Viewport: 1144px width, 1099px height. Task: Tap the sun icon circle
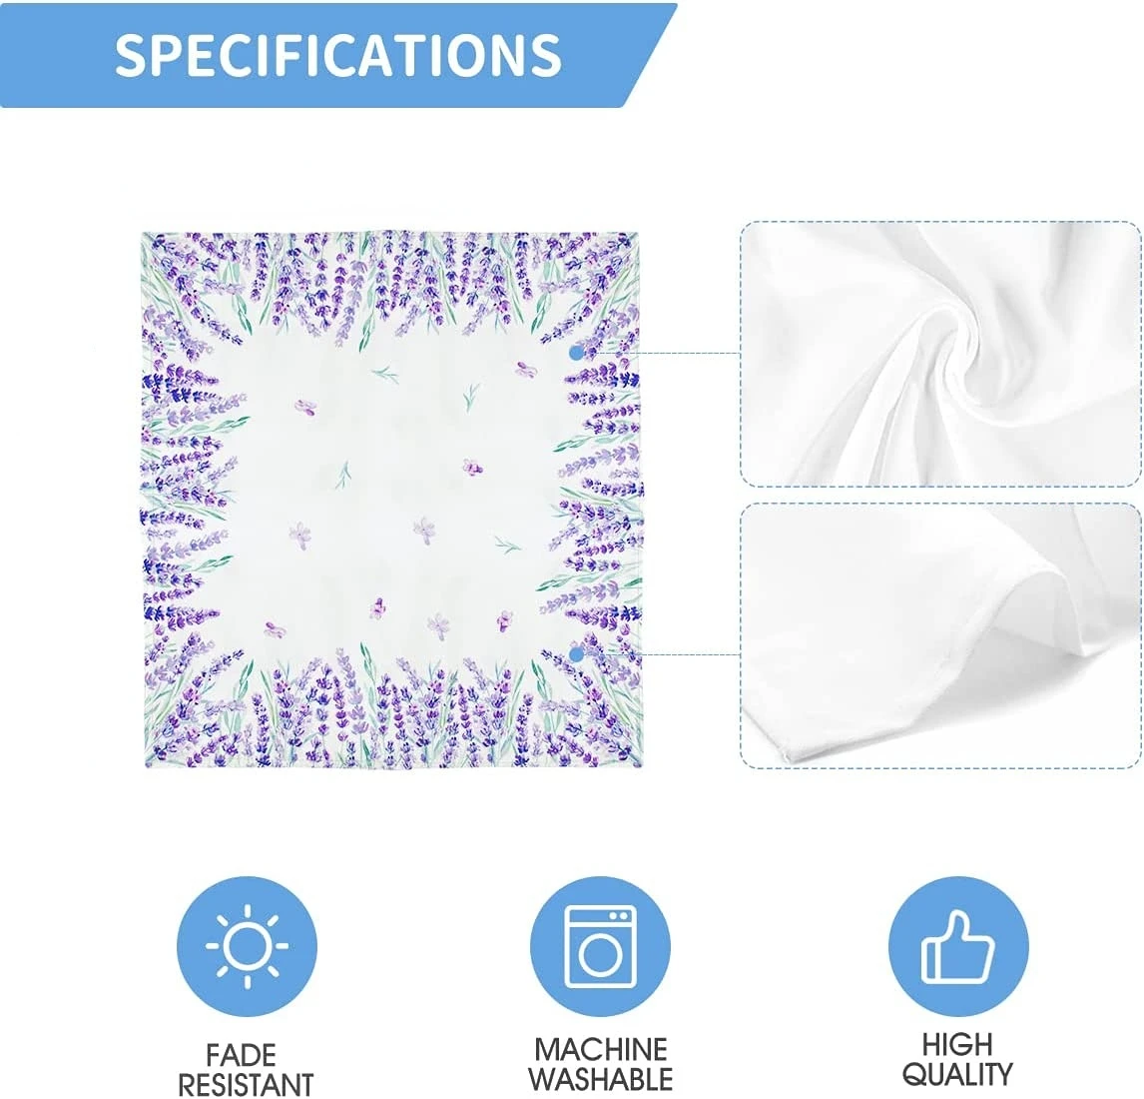[247, 946]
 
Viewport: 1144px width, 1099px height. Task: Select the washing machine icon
[600, 946]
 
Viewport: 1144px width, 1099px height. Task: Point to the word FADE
[241, 1055]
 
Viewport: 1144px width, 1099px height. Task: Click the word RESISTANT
[246, 1084]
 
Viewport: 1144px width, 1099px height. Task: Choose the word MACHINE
[601, 1049]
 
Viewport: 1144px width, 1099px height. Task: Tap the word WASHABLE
[601, 1079]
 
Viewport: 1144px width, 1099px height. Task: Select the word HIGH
[957, 1044]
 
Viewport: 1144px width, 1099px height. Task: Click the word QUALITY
[957, 1074]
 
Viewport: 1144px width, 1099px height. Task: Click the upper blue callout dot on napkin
[576, 354]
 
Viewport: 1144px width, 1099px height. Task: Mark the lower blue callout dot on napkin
[576, 655]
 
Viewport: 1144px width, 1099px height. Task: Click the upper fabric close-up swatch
[941, 354]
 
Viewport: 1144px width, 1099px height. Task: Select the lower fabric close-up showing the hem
[941, 635]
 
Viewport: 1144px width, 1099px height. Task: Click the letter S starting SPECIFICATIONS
[129, 54]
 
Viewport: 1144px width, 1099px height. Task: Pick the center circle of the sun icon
[247, 946]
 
